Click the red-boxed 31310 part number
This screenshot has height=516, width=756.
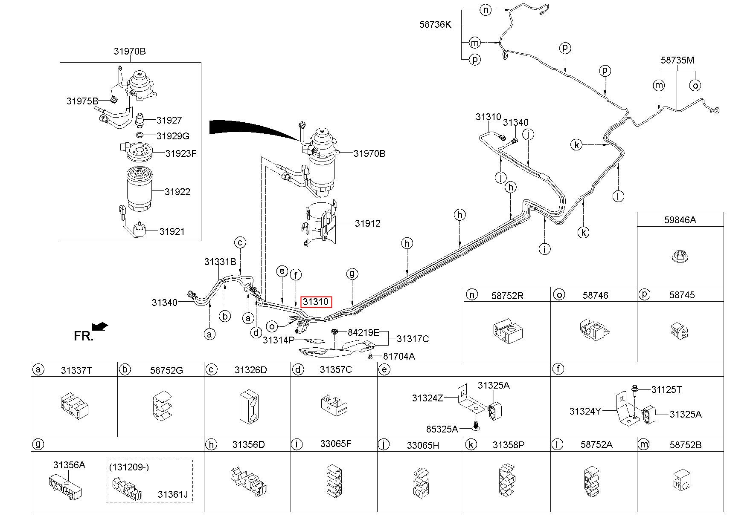pyautogui.click(x=316, y=302)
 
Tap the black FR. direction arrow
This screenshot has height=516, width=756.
pyautogui.click(x=100, y=327)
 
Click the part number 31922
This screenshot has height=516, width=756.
pyautogui.click(x=177, y=192)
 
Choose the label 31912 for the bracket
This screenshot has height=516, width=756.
pyautogui.click(x=368, y=223)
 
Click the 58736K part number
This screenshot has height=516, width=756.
pyautogui.click(x=435, y=24)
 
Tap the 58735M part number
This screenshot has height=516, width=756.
pyautogui.click(x=677, y=60)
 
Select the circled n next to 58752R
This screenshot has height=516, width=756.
pyautogui.click(x=471, y=294)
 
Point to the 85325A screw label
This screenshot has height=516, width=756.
pyautogui.click(x=442, y=429)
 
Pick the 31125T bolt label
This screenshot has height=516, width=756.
pyautogui.click(x=666, y=389)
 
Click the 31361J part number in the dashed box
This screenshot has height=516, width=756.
pyautogui.click(x=173, y=495)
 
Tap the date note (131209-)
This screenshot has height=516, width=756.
pyautogui.click(x=129, y=467)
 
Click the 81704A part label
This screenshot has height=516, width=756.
pyautogui.click(x=399, y=356)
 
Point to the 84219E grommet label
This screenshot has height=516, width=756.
pyautogui.click(x=363, y=332)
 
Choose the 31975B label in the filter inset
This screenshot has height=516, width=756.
pyautogui.click(x=82, y=101)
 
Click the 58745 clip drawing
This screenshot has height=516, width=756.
pyautogui.click(x=680, y=332)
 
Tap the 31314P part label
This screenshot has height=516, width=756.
pyautogui.click(x=279, y=340)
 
